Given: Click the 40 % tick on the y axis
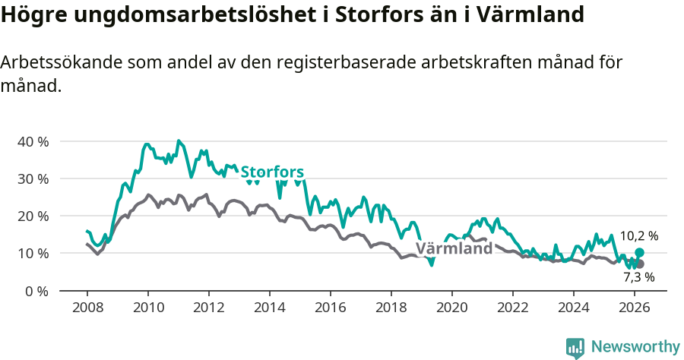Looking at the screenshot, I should pyautogui.click(x=33, y=142).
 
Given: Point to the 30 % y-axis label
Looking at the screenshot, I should pyautogui.click(x=33, y=179).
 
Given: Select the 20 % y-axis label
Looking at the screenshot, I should pyautogui.click(x=33, y=216).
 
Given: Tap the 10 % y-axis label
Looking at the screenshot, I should pyautogui.click(x=33, y=254).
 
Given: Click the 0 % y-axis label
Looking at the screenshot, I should pyautogui.click(x=36, y=291).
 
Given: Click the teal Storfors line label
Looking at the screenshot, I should pyautogui.click(x=272, y=172).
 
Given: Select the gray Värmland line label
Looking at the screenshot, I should pyautogui.click(x=454, y=249).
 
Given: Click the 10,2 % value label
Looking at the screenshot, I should pyautogui.click(x=638, y=236).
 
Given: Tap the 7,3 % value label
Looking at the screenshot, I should pyautogui.click(x=638, y=278).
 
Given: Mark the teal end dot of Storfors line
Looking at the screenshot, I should pyautogui.click(x=639, y=252).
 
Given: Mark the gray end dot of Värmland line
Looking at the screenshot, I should pyautogui.click(x=639, y=264).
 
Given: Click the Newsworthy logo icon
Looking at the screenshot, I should pyautogui.click(x=575, y=348).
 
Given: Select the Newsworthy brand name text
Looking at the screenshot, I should pyautogui.click(x=635, y=347).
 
